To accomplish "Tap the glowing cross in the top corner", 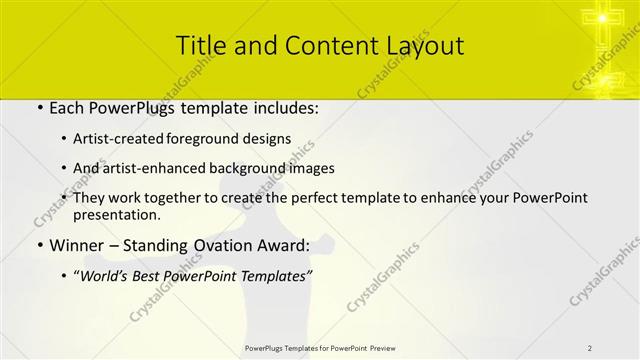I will point(603,19).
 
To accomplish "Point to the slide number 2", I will point(590,347).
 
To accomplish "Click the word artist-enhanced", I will point(155,168).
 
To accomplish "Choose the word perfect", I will point(325,197).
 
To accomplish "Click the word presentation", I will point(116,214).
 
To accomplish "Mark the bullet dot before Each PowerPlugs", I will point(39,106).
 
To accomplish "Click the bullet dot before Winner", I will point(39,246).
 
